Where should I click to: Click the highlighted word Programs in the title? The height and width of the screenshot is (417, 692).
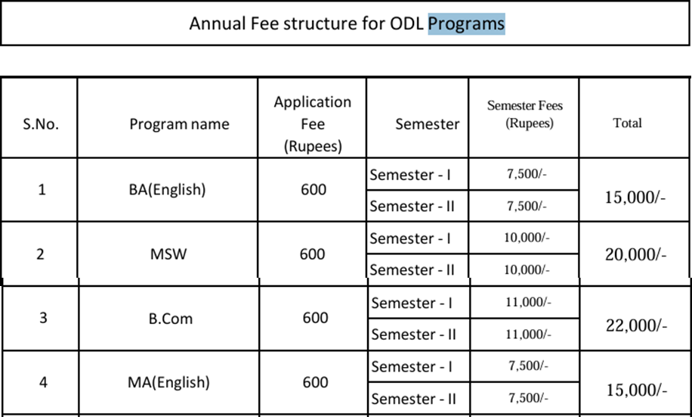tap(466, 24)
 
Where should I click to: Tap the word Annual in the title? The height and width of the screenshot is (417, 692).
tap(217, 23)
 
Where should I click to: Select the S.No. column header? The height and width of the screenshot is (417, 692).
tap(41, 124)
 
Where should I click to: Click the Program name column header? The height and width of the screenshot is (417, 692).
tap(179, 124)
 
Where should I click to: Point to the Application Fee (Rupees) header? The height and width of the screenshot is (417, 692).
tap(313, 124)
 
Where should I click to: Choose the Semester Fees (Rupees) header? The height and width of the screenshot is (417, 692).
tap(525, 114)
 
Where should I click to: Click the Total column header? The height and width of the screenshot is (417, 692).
tap(627, 123)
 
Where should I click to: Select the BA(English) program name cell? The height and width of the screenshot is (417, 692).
tap(167, 189)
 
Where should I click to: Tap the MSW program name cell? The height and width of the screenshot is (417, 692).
tap(168, 254)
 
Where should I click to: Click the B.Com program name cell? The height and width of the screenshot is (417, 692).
tap(170, 319)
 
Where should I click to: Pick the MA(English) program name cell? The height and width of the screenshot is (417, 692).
tap(168, 382)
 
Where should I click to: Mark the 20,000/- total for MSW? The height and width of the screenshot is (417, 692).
tap(635, 254)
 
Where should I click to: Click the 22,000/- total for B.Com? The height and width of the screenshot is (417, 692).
tap(636, 325)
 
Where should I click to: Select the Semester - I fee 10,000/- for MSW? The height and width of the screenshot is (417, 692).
tap(527, 238)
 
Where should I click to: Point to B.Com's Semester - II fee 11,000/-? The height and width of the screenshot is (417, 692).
tap(528, 335)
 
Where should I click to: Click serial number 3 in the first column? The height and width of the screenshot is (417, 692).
tap(43, 318)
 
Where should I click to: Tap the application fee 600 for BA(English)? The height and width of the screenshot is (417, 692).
tap(314, 190)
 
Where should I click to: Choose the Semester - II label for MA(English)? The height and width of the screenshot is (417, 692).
tap(413, 399)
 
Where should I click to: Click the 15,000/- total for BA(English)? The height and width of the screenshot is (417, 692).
tap(635, 198)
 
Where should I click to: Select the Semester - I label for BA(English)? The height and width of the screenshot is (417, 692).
tap(410, 175)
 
